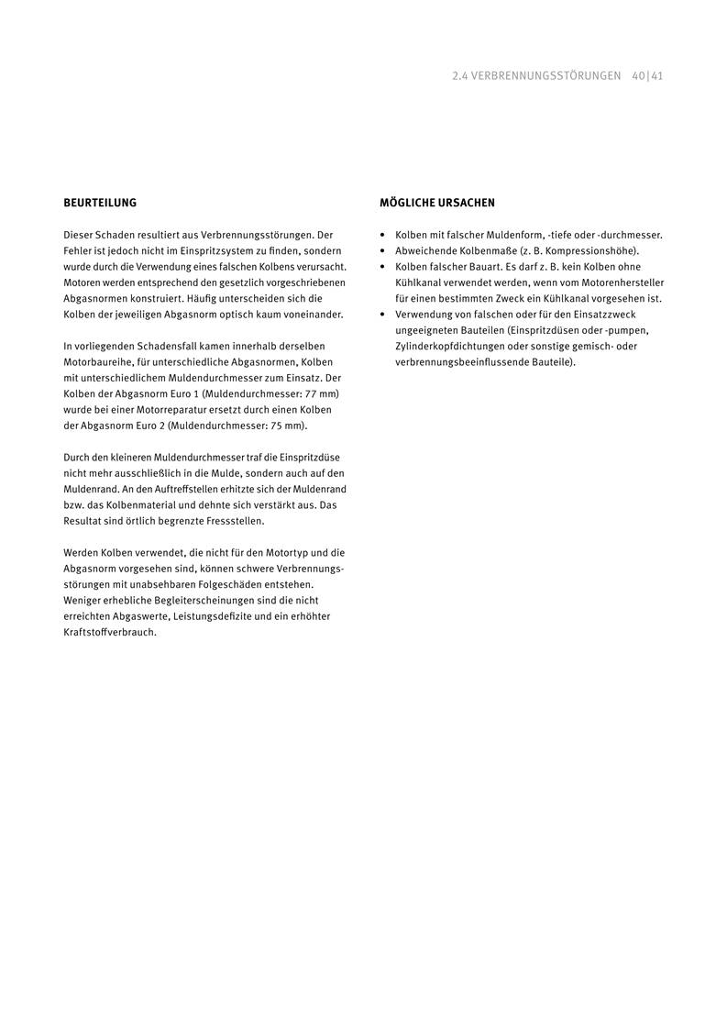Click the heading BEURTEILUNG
(x=100, y=202)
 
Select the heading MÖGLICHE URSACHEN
(x=437, y=202)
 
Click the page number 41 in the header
(x=657, y=76)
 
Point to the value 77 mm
(x=321, y=393)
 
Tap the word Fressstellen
(x=234, y=521)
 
